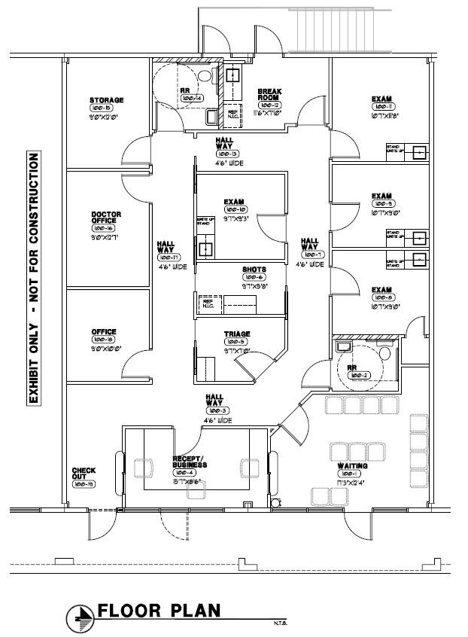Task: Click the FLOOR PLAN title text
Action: pos(159,610)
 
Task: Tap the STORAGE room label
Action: pos(106,100)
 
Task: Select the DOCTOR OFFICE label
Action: pos(106,218)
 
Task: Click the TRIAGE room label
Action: pos(236,334)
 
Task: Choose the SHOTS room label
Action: pos(253,269)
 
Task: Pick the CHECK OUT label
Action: pos(84,474)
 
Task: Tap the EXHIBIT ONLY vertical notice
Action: pos(32,279)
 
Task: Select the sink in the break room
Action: pos(233,75)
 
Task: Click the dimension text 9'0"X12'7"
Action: pos(105,237)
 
